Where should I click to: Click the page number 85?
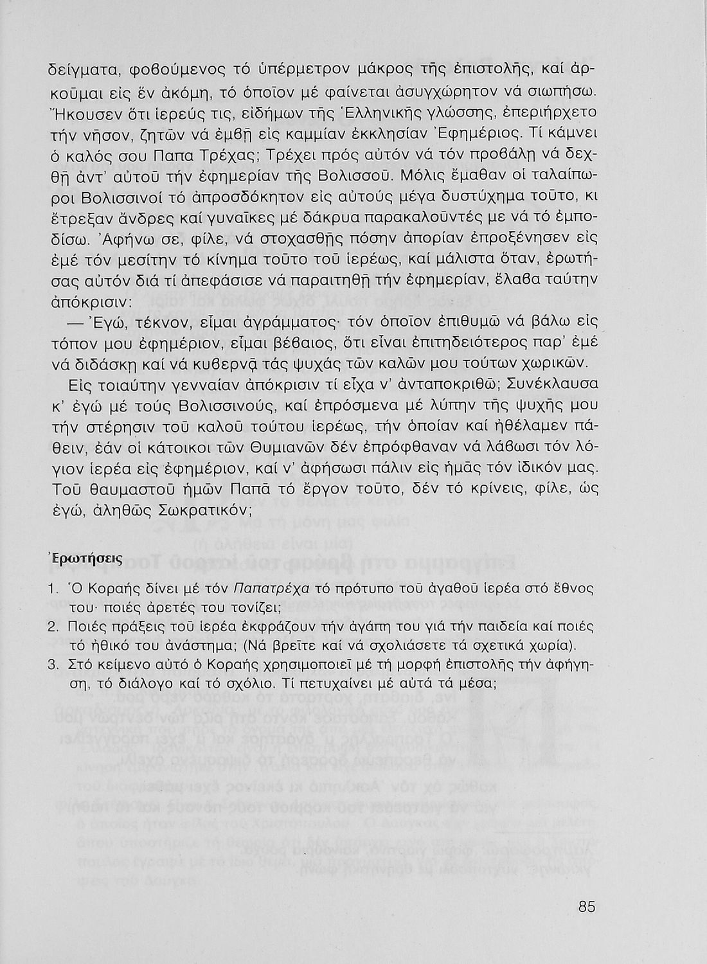point(587,907)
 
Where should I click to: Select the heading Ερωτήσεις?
point(82,558)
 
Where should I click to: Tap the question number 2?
point(54,627)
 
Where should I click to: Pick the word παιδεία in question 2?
point(508,626)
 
